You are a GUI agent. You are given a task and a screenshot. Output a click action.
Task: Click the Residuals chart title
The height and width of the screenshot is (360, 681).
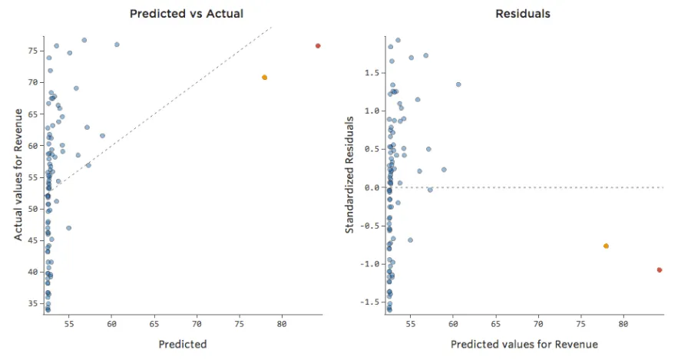pos(523,14)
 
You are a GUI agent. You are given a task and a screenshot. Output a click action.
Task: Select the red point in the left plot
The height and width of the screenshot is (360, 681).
pos(318,46)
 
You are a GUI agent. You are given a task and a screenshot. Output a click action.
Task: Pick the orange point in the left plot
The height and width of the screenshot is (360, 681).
pos(264,78)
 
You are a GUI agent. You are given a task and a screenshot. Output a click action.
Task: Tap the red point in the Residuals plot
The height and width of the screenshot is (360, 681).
pos(660,270)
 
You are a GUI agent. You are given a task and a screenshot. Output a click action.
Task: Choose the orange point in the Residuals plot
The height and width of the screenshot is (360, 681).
pos(606,246)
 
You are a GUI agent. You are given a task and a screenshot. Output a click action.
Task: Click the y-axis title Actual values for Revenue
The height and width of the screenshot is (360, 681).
pos(18,175)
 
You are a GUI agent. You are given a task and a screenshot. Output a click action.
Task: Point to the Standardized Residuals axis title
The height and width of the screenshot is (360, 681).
pos(349,175)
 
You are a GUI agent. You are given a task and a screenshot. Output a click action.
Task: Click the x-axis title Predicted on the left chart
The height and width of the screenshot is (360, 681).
pos(183,345)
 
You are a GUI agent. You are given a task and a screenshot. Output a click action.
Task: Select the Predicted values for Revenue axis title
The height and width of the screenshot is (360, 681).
pos(524,345)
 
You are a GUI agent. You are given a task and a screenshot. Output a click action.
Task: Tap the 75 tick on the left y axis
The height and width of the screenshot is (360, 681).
pos(34,51)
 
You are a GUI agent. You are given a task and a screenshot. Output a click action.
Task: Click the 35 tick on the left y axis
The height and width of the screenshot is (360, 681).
pos(34,304)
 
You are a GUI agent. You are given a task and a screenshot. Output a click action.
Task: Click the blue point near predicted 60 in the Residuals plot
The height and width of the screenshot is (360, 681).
pos(458,84)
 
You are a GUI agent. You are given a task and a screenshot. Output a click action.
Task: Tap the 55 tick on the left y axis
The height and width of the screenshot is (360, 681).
pos(34,177)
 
